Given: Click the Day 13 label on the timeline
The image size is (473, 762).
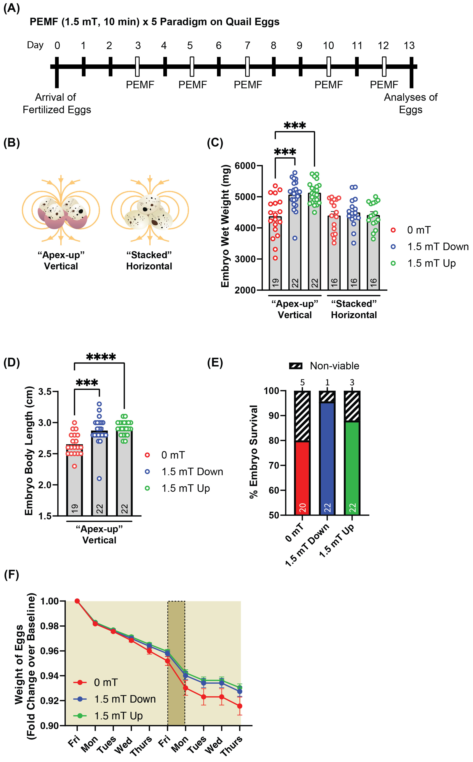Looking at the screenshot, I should (x=409, y=46).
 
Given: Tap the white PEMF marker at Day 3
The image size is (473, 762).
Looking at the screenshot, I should (x=137, y=66).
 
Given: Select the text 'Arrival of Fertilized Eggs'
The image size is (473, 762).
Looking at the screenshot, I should (x=57, y=103).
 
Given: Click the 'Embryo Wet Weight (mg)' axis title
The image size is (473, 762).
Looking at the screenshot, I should (x=225, y=226).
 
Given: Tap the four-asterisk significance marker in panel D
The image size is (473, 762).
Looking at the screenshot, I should (x=101, y=357).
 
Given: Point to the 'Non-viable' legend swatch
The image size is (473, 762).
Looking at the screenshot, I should (x=296, y=366).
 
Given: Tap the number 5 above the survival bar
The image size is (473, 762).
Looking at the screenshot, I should (x=302, y=382).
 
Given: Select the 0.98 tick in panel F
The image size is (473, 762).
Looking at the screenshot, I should (x=49, y=626).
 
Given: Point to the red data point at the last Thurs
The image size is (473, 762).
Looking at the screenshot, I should (x=240, y=706).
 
